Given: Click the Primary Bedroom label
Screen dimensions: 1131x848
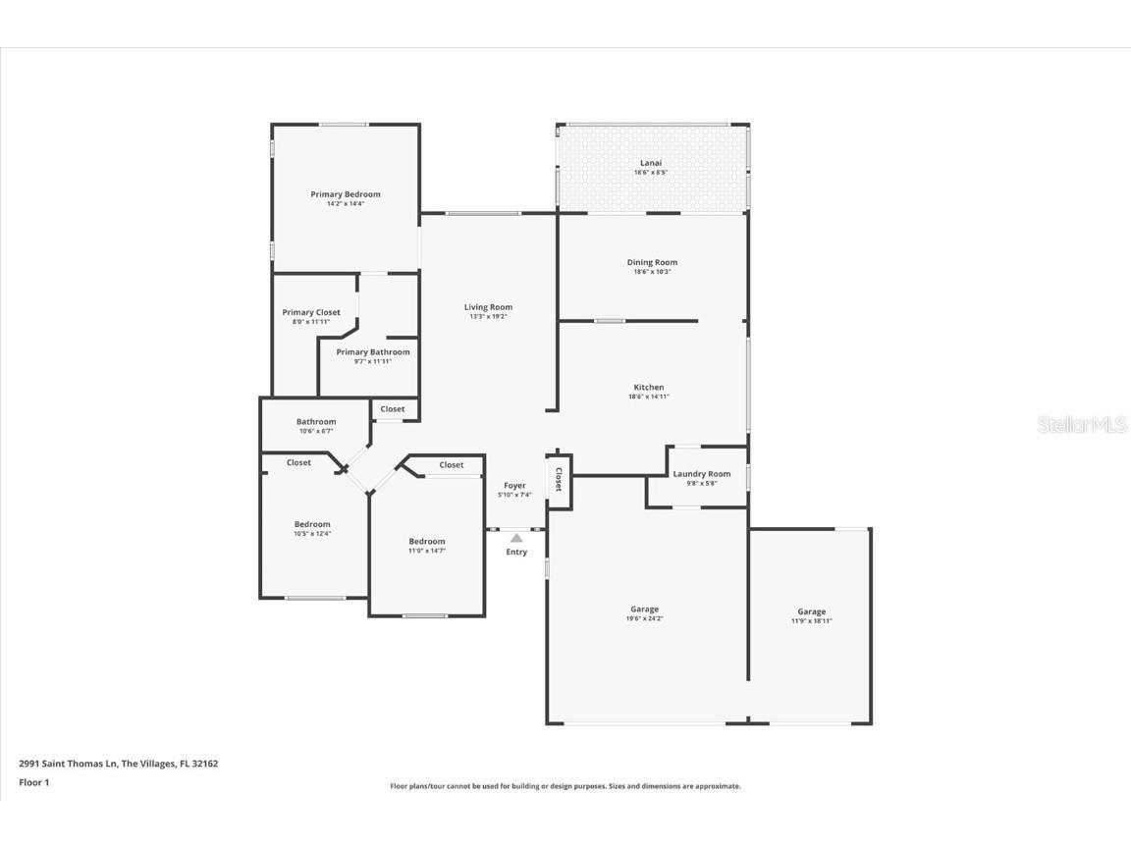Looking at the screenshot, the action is tap(346, 194).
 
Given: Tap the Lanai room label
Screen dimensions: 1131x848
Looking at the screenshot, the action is tap(651, 163).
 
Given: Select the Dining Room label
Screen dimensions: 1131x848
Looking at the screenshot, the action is tap(652, 262).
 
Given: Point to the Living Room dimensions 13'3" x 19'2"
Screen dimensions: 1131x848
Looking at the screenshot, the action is tap(488, 317).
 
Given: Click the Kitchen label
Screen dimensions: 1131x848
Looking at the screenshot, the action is tap(648, 388).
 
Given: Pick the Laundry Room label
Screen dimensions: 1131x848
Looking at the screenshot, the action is tap(702, 474).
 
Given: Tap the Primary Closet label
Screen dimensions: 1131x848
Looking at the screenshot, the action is tap(311, 312).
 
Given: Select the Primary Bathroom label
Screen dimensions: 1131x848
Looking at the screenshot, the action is tap(373, 352).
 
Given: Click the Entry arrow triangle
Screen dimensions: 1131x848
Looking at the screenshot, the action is tap(516, 538).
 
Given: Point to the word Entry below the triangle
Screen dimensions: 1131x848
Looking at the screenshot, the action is tap(516, 553).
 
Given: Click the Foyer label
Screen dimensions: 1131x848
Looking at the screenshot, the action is tap(515, 485).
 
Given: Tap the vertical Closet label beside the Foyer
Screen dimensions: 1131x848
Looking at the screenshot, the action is tap(559, 480).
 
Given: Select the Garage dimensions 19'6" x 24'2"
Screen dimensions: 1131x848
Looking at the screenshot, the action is tap(644, 618).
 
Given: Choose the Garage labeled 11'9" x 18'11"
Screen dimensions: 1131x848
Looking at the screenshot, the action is tap(812, 611).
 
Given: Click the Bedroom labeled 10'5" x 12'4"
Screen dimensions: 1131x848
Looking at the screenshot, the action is tap(312, 524).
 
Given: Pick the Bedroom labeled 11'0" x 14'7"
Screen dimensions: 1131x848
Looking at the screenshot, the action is tap(427, 542).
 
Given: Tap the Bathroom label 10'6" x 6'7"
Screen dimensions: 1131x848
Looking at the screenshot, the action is tap(316, 422).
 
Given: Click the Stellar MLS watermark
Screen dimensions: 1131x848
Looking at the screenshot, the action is tap(1082, 425).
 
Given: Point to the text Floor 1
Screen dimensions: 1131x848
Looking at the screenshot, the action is tap(34, 782).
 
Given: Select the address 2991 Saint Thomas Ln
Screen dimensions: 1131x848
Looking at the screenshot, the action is tap(68, 764).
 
